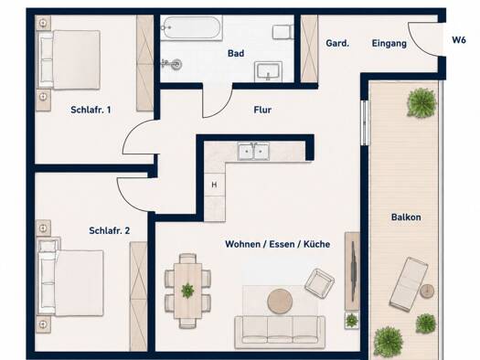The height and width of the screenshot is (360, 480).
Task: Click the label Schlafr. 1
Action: [91, 110]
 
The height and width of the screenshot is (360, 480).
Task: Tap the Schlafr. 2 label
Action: [110, 230]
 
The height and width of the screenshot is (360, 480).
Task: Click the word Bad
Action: [236, 53]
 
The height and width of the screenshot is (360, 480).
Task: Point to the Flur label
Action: [262, 110]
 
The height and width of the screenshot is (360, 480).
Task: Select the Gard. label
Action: [337, 43]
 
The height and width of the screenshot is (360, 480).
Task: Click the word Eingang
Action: [389, 44]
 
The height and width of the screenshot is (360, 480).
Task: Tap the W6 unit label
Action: [459, 40]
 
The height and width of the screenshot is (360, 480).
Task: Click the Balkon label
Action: [406, 217]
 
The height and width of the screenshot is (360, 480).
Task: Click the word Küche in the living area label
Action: [317, 244]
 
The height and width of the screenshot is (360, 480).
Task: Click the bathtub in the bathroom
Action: [191, 27]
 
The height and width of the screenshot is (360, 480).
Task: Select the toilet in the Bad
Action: [282, 32]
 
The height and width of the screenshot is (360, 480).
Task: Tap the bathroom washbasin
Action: [268, 71]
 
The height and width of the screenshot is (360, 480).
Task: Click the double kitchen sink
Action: [254, 151]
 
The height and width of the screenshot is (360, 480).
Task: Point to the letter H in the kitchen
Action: [214, 185]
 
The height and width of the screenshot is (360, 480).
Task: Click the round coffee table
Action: [280, 302]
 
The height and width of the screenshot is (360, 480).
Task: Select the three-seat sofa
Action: [280, 333]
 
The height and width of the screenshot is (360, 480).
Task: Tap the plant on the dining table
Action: [187, 291]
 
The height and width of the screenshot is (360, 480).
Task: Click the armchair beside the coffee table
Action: [319, 282]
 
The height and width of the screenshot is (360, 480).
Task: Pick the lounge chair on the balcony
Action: [409, 284]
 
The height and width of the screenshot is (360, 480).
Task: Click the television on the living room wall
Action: [353, 271]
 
